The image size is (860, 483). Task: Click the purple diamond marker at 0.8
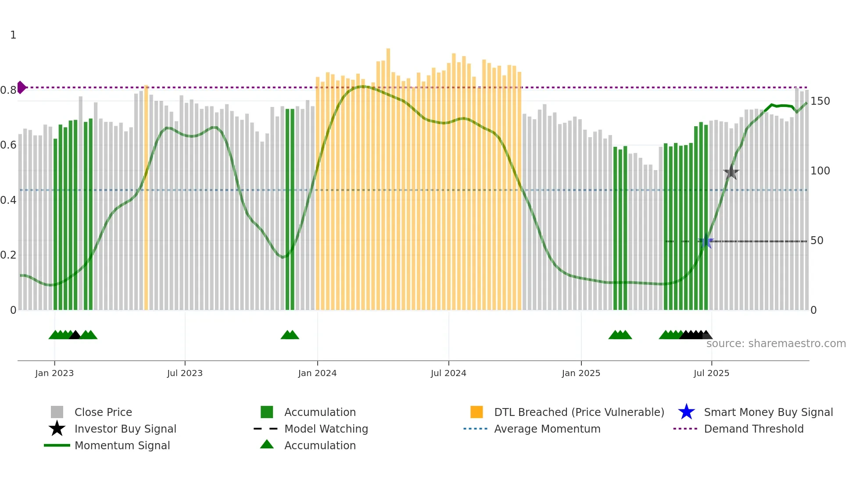pos(21,87)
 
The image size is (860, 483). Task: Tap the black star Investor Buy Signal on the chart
pos(731,172)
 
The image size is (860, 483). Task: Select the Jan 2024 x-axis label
pos(317,373)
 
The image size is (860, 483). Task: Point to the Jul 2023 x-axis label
pos(185,373)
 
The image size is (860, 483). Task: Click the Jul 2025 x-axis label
pos(711,373)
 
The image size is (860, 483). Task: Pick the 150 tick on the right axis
pos(820,101)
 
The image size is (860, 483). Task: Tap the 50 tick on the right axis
pos(817,241)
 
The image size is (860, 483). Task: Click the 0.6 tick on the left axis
pos(8,145)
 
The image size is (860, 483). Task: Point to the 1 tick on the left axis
pos(13,35)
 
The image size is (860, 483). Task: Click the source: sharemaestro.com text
pos(776,344)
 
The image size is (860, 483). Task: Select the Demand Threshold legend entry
pos(753,429)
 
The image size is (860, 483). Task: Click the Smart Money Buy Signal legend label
pos(768,412)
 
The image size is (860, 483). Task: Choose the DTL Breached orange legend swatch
pos(477,412)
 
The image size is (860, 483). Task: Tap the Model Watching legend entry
pos(326,429)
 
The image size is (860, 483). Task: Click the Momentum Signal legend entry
pos(122,445)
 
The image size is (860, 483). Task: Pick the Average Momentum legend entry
pos(547,429)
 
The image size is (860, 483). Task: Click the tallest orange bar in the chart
pos(388,175)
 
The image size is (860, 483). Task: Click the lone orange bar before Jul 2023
pos(146,197)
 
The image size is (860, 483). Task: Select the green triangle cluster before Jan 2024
pos(290,335)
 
